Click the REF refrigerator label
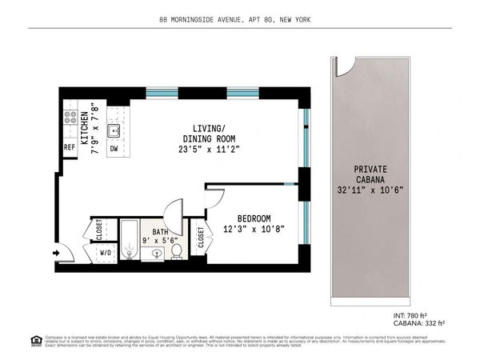pos(70,148)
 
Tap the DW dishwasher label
pos(114,148)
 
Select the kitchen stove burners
pos(70,120)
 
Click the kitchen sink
pos(114,130)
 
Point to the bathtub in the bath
pos(130,240)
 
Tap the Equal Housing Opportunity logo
pos(36,340)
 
